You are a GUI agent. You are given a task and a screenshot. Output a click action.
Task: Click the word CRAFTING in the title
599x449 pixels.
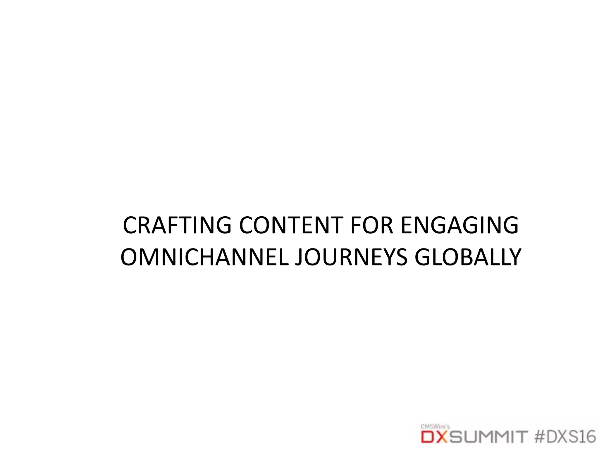click(177, 225)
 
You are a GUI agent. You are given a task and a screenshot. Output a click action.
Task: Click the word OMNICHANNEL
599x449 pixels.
click(204, 258)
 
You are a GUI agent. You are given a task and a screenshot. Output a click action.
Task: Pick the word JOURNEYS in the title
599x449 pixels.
click(351, 258)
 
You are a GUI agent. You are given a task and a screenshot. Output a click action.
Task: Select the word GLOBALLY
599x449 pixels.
click(468, 258)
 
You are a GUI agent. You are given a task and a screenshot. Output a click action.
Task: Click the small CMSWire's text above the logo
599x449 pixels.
click(435, 426)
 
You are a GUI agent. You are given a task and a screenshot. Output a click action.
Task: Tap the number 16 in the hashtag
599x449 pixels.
click(587, 437)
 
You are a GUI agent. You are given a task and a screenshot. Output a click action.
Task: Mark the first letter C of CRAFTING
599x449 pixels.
click(130, 225)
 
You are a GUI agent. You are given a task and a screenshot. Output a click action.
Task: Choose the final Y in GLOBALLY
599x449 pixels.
click(515, 258)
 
